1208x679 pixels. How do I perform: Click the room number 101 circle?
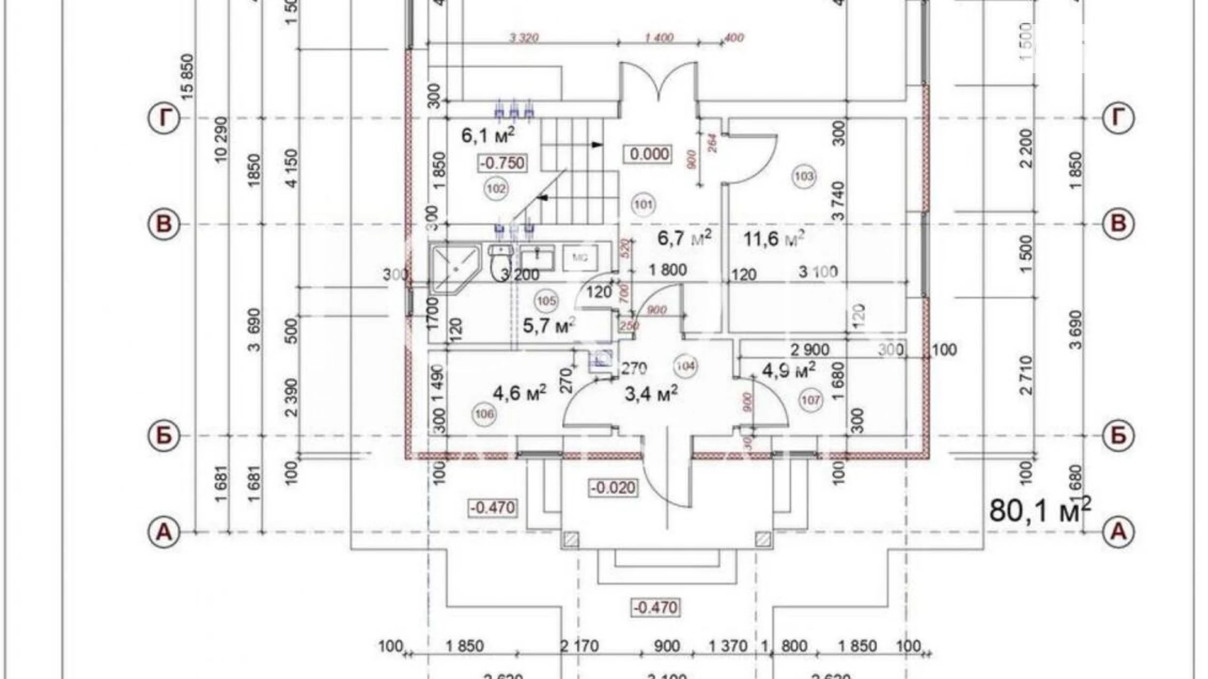(x=643, y=204)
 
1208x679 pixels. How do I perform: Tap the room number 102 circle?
(x=496, y=189)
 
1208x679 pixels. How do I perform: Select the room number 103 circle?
(x=804, y=176)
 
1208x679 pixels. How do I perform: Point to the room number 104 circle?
(x=684, y=366)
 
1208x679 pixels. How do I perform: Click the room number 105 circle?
(x=546, y=300)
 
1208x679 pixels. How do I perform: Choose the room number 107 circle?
(x=810, y=400)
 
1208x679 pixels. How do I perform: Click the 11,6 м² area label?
(x=774, y=239)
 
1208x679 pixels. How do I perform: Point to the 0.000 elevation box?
(x=650, y=154)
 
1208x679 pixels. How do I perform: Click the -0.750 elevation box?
(x=502, y=163)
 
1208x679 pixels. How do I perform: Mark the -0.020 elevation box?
(x=613, y=488)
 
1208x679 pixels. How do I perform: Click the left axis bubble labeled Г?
(x=164, y=118)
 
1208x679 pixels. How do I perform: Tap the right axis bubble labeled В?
(x=1118, y=224)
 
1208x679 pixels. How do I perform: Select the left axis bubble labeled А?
(x=164, y=531)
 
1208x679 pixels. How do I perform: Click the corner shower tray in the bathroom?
(x=453, y=268)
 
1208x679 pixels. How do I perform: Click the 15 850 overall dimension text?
(x=187, y=77)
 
